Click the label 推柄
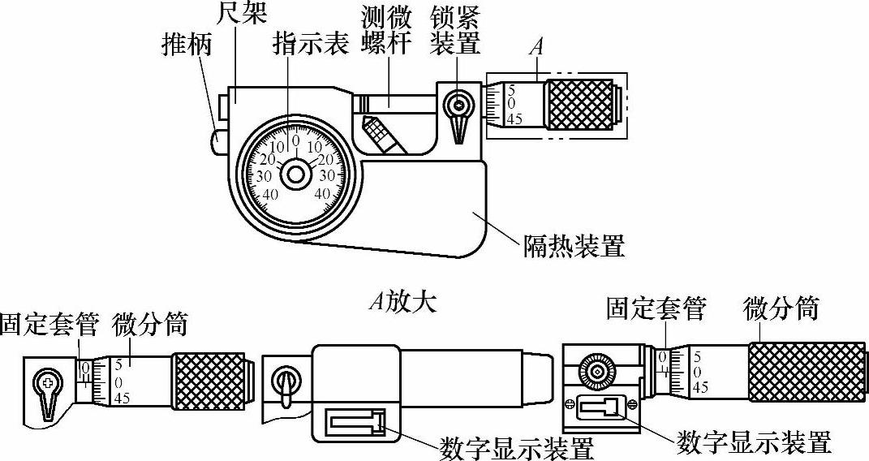click(x=187, y=45)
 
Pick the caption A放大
click(x=402, y=302)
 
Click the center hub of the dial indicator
click(x=295, y=173)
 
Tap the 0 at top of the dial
click(x=295, y=140)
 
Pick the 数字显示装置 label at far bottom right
click(x=755, y=443)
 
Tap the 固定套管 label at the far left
click(x=49, y=326)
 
